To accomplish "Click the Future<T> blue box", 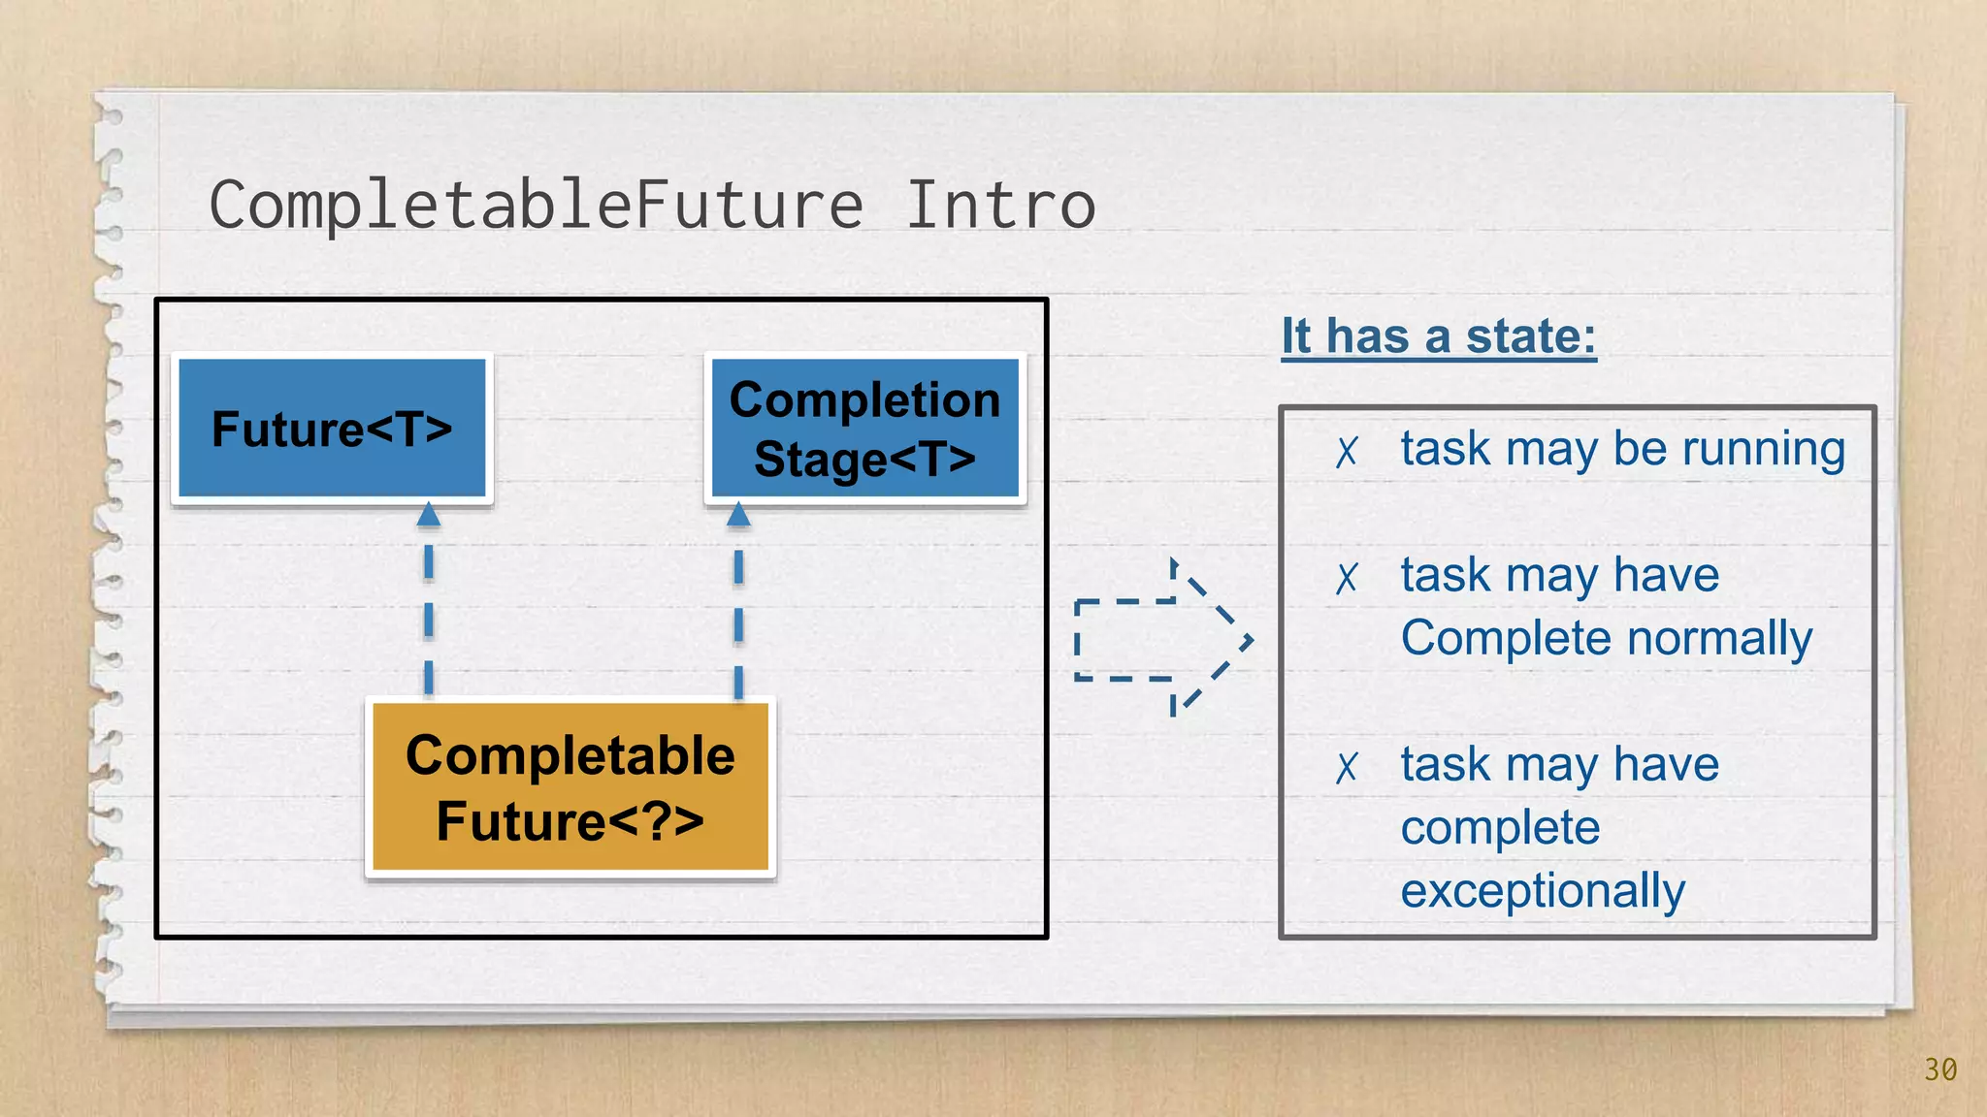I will [x=332, y=429].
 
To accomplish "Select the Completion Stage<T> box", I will [x=864, y=429].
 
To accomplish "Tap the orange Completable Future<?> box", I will [x=570, y=787].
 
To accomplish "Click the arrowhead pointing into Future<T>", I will [x=429, y=515].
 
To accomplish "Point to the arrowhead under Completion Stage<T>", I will [x=738, y=515].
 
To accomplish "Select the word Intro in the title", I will [x=999, y=206].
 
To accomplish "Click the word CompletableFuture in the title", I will [x=536, y=206].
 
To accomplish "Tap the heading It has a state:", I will [x=1438, y=336].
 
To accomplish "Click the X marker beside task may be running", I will [x=1347, y=452].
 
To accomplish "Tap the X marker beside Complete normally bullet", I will [x=1347, y=579].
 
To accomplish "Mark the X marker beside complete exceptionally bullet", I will [x=1347, y=768].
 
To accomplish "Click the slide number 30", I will [x=1940, y=1069].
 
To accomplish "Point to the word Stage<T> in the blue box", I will [x=864, y=460].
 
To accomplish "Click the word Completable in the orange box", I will [x=570, y=755].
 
